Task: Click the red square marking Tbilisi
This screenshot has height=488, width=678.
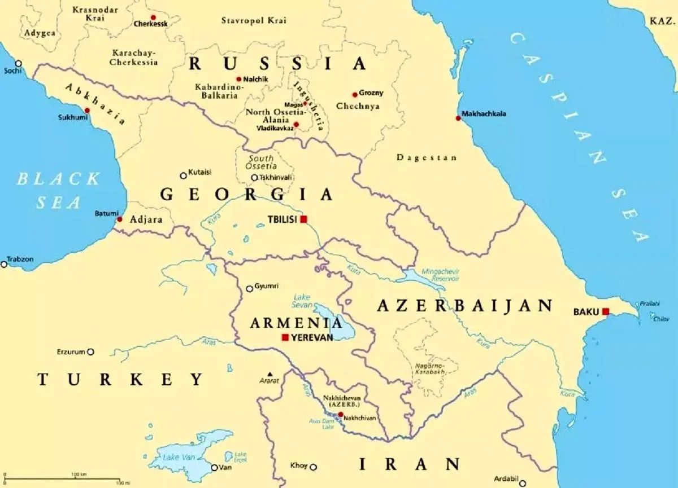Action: point(303,219)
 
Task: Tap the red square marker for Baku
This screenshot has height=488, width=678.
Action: point(606,311)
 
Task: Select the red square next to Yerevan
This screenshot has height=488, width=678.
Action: point(285,337)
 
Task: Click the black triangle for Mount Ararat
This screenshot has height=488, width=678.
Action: point(270,374)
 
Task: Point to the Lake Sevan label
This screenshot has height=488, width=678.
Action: point(302,301)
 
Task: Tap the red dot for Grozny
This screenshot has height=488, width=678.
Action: point(355,95)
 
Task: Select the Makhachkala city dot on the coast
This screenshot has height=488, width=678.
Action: point(458,118)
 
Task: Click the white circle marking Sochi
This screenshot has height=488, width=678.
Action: point(18,63)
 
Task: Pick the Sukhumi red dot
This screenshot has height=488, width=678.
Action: point(87,111)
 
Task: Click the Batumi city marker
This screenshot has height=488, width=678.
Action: point(119,219)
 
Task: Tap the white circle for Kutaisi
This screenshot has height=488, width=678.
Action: point(183,175)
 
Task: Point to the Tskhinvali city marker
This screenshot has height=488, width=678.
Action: point(254,178)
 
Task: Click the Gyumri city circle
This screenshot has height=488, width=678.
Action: point(249,289)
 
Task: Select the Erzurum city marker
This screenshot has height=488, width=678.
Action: point(90,351)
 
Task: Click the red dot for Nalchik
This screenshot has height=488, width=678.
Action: point(239,80)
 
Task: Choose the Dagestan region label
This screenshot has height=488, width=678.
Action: point(427,157)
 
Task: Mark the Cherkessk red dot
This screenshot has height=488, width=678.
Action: point(153,17)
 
